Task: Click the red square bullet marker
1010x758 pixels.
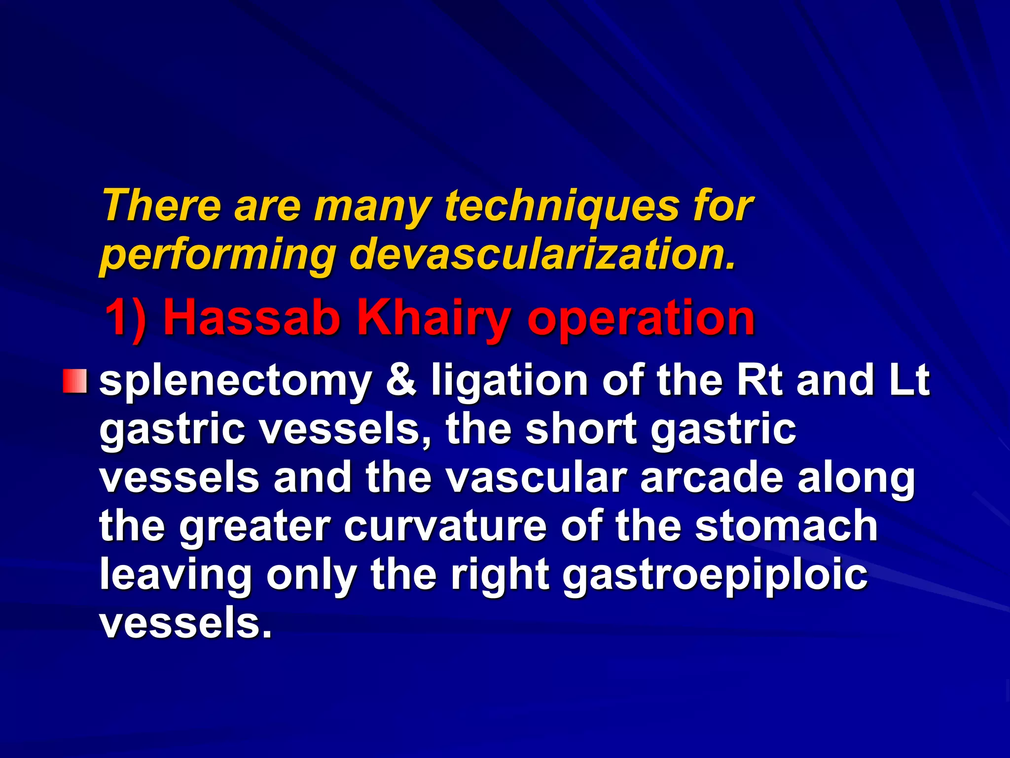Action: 75,381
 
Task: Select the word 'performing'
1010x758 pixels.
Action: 217,257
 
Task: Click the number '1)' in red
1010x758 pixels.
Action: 126,318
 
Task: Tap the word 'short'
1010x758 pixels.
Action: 581,428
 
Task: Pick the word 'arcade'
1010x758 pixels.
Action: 712,477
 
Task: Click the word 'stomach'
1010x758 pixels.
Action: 786,526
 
